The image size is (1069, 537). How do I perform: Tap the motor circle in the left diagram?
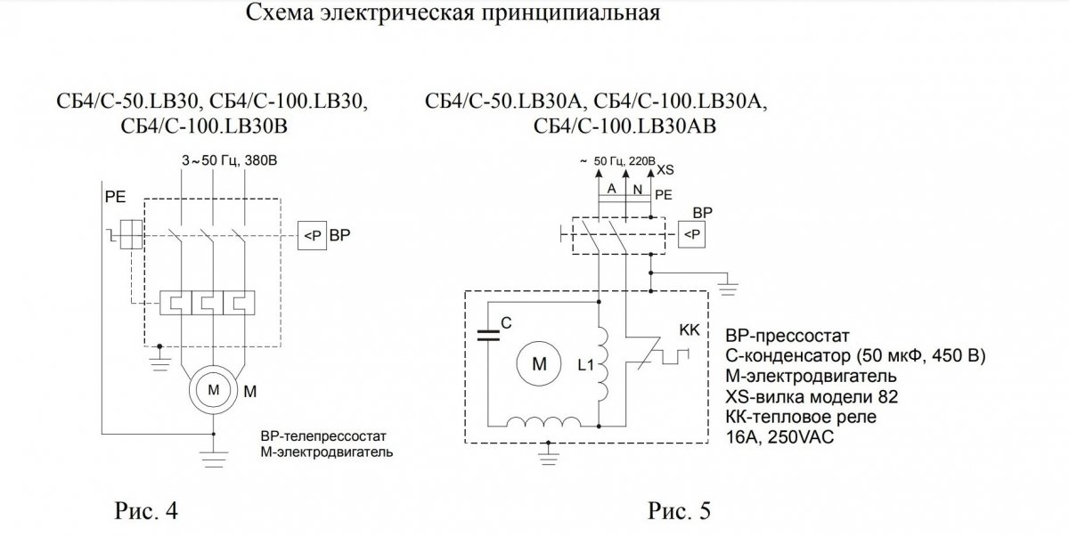(214, 390)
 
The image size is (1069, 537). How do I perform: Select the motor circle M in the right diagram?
(540, 363)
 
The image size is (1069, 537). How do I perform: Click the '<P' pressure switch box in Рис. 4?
(311, 237)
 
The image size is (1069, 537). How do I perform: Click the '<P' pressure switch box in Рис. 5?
(692, 233)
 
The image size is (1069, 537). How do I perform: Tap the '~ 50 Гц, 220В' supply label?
(617, 162)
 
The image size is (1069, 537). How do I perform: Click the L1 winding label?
(585, 364)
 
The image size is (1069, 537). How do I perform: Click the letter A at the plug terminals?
(611, 190)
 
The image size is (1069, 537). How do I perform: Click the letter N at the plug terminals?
(637, 190)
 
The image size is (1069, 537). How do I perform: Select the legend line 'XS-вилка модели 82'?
(801, 395)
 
